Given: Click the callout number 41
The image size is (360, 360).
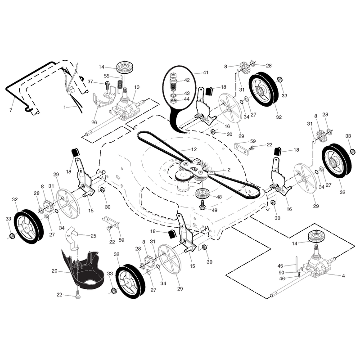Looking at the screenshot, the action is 206,72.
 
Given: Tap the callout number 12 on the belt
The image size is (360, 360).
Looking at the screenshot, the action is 194,149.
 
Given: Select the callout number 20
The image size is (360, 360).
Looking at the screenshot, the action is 54,271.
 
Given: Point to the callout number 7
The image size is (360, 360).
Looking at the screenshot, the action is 11,110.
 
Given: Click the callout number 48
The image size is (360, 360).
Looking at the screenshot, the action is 219,197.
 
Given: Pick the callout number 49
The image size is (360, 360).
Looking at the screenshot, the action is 215,210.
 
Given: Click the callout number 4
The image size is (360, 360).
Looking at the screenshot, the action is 343,276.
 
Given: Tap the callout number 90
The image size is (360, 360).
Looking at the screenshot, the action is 281,273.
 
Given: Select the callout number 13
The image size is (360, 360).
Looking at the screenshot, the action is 137,87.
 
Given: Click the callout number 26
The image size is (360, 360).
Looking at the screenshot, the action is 94,122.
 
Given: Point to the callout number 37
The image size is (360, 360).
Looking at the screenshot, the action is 90,82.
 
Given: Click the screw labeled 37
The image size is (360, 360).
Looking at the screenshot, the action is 107,85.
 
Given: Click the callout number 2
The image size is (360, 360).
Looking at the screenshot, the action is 229,170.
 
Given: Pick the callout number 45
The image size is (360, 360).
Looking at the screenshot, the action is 280,266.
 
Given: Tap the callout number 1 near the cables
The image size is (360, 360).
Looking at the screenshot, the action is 65,107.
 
